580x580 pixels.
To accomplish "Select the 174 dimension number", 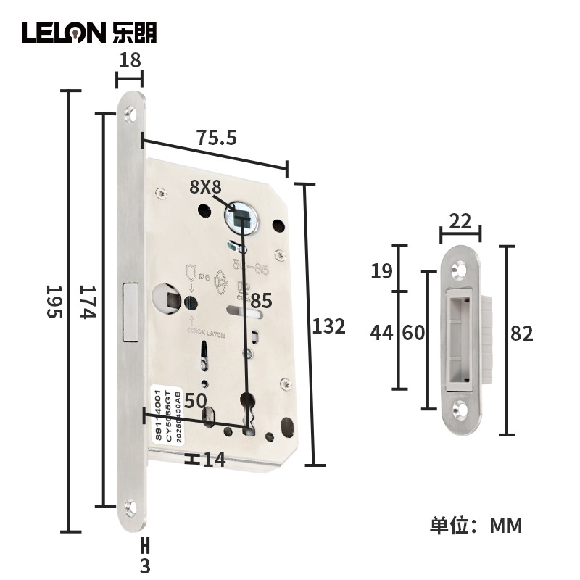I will (x=87, y=301).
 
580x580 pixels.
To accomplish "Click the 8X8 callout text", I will (x=205, y=186).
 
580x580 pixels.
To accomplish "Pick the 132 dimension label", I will (x=328, y=326).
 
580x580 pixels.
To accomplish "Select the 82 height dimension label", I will (x=521, y=333).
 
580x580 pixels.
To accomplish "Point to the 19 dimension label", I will (x=382, y=271).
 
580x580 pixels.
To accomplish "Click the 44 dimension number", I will (x=381, y=333).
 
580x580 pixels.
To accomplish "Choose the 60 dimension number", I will (x=413, y=333).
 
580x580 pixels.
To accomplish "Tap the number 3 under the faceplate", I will (x=145, y=565).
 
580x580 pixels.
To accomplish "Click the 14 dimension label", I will (x=214, y=460).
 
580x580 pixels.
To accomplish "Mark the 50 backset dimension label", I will (x=196, y=400).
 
